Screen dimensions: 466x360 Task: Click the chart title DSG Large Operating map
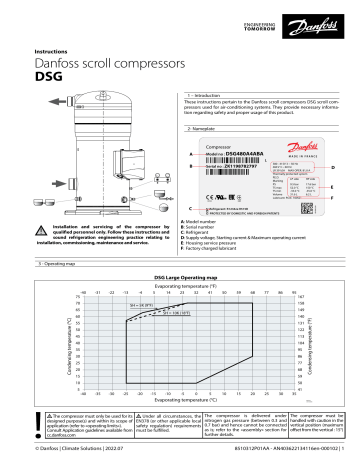pyautogui.click(x=180, y=247)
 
